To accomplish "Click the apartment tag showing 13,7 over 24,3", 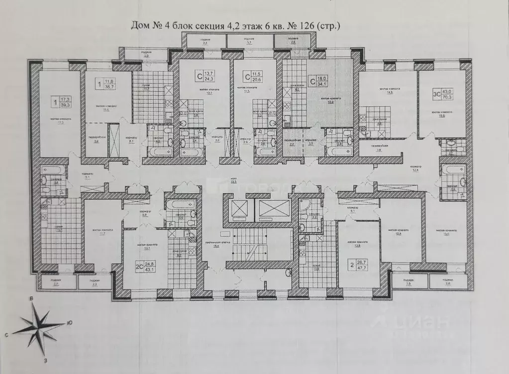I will (205, 76).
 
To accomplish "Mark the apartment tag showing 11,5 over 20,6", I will (252, 76).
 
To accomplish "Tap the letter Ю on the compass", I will (70, 322).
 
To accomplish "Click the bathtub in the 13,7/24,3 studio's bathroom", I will (192, 150).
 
